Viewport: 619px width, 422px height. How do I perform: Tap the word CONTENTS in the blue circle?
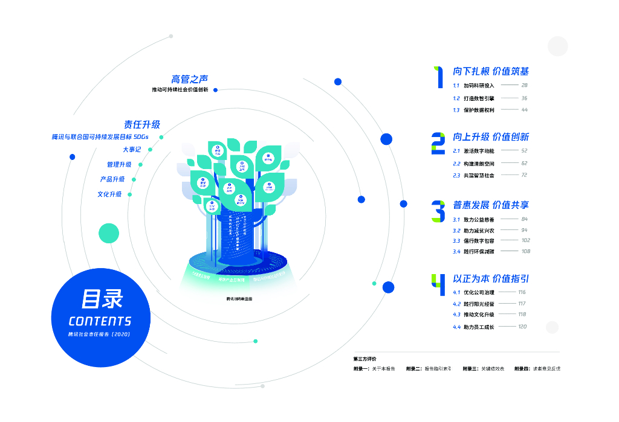(x=100, y=321)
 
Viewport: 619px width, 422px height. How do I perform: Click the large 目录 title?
(x=102, y=298)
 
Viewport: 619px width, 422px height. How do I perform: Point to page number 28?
(x=524, y=86)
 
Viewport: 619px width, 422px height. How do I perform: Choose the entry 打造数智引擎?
(x=479, y=98)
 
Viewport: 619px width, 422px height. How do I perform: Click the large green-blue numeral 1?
(x=438, y=77)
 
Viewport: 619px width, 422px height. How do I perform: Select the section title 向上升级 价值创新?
(x=491, y=137)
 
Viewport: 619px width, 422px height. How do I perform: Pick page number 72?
(x=524, y=175)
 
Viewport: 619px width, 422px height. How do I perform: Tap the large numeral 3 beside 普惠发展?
(x=438, y=211)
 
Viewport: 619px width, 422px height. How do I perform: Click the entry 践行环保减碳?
(x=479, y=251)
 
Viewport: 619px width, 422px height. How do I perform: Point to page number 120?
(x=522, y=327)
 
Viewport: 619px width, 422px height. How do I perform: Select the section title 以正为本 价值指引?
(x=491, y=279)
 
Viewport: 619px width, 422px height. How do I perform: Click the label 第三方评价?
(x=365, y=359)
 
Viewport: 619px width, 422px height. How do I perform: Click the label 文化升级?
(x=109, y=194)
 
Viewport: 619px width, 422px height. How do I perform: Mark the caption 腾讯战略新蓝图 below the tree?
(x=239, y=299)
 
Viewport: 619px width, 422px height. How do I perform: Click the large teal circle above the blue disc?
(x=109, y=233)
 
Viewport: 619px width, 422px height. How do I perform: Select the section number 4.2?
(x=456, y=304)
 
